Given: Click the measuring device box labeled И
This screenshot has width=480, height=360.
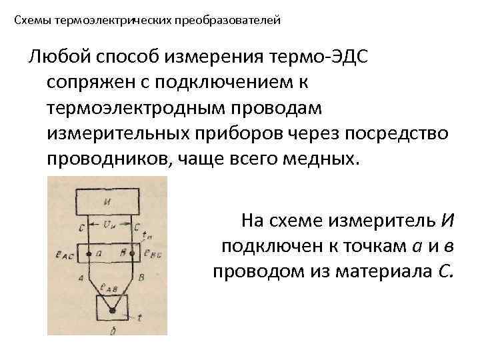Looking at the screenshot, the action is [x=107, y=199].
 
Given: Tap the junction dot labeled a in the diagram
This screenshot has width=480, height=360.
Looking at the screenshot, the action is [x=88, y=253].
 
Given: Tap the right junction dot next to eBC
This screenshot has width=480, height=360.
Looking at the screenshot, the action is [x=133, y=254].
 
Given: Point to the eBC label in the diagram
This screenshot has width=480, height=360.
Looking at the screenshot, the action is [x=151, y=254].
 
